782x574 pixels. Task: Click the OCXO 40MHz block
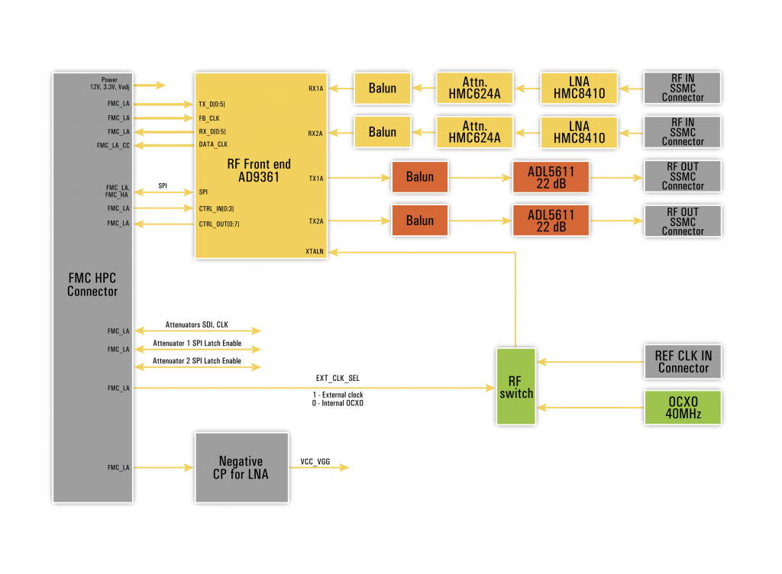tap(683, 407)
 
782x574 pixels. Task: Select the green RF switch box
tap(516, 386)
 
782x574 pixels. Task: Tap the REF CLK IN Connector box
tap(683, 362)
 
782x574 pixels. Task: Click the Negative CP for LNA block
tap(241, 468)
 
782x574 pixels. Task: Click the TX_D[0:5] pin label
tap(212, 105)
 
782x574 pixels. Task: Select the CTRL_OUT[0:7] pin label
tap(219, 224)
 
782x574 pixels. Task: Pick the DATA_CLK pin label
tap(213, 144)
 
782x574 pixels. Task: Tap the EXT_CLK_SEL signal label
tap(338, 378)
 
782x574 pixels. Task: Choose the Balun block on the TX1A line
tap(419, 176)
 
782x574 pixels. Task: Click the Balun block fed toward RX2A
tap(382, 132)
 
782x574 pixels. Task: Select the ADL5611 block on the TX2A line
tap(551, 221)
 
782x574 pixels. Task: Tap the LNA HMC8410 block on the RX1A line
tap(579, 89)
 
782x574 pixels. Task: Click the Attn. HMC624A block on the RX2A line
tap(473, 132)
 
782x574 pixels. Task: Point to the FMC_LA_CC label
tap(113, 145)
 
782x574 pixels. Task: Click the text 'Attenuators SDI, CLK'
tap(197, 325)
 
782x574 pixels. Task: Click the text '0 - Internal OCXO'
tap(338, 403)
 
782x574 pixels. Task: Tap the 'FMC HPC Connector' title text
tap(92, 285)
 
